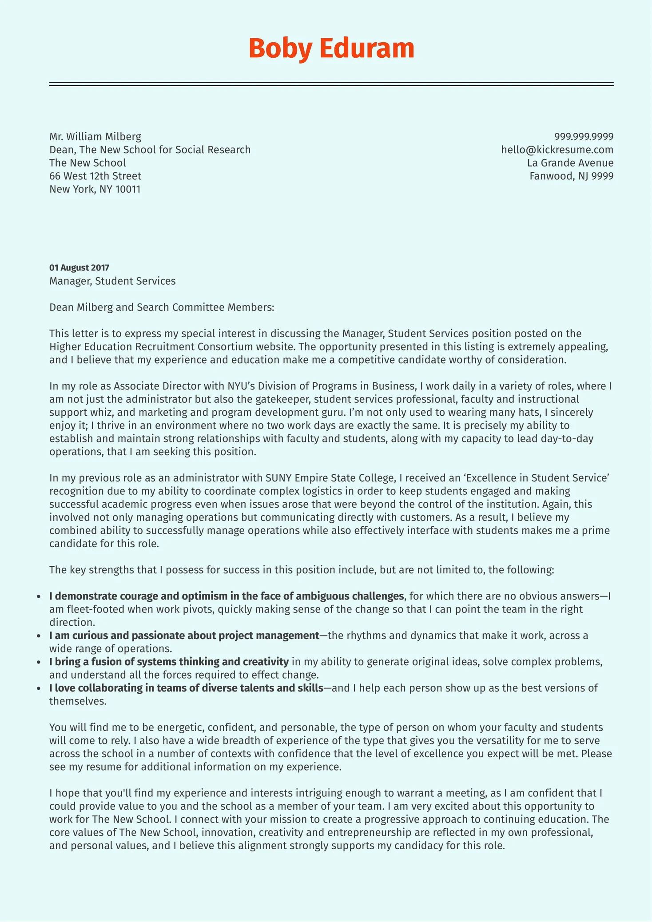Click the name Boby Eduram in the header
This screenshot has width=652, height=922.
(331, 48)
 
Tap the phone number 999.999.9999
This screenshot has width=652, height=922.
(584, 136)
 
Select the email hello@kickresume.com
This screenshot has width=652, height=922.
(557, 150)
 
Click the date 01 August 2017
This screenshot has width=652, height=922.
(79, 268)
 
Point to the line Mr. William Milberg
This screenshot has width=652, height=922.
(95, 136)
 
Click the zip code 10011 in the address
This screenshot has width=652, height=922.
(128, 189)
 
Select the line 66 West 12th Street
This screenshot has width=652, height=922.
(95, 176)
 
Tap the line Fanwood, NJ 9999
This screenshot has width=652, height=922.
(571, 176)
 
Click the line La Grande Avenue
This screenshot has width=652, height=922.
(570, 163)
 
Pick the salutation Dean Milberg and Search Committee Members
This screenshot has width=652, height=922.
(162, 307)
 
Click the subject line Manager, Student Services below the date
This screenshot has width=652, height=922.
(112, 281)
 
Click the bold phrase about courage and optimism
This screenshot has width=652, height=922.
(227, 596)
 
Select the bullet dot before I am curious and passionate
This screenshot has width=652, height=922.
(40, 636)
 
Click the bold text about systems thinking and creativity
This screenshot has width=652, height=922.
(169, 662)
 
